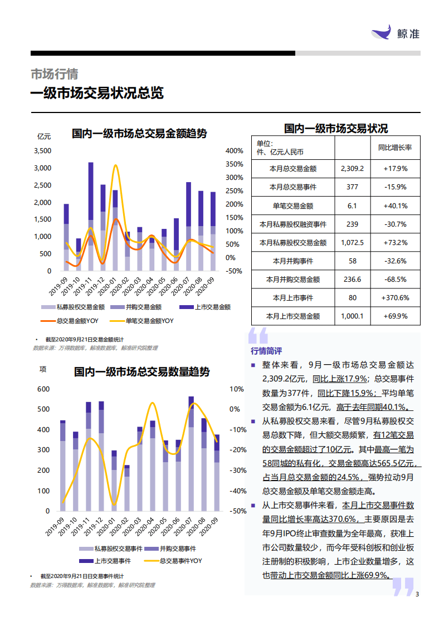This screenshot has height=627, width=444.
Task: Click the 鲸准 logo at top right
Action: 396,33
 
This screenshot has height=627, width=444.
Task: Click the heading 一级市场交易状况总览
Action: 97,93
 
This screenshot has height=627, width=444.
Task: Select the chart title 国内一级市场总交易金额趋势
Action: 139,134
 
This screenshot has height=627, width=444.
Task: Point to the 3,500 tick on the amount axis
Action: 42,151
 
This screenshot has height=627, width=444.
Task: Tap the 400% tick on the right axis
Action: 234,151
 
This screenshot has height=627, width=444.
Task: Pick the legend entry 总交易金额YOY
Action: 77,321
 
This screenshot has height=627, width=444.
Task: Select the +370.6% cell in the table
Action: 395,298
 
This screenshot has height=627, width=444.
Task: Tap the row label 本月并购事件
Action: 292,261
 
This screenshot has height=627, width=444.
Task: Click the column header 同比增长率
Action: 395,148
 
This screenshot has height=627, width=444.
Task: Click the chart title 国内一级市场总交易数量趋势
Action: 142,372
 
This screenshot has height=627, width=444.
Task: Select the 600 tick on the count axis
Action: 43,389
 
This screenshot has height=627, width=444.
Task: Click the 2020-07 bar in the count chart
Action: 191,453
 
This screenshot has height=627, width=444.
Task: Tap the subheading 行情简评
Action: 266,351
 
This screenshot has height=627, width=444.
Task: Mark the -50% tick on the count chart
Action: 237,511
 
